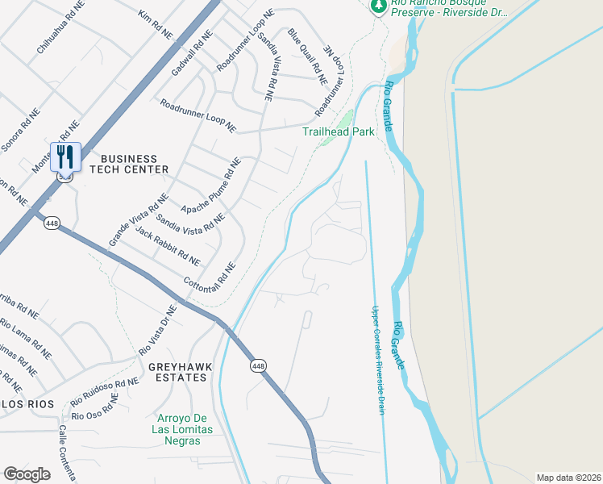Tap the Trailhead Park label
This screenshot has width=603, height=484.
coord(339,131)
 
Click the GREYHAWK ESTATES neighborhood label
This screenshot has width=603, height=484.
coord(180,372)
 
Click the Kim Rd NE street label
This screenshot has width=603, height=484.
coord(156,25)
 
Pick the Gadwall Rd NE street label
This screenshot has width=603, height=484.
coord(191,54)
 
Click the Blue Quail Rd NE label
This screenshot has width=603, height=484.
coord(308,56)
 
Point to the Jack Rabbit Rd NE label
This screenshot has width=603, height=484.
coord(168,247)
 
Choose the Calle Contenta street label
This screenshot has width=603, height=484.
coord(64,454)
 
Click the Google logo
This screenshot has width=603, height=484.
coord(27,474)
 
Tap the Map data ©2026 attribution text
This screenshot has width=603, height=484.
coord(568,478)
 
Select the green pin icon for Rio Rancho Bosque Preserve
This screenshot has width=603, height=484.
coord(376,6)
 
